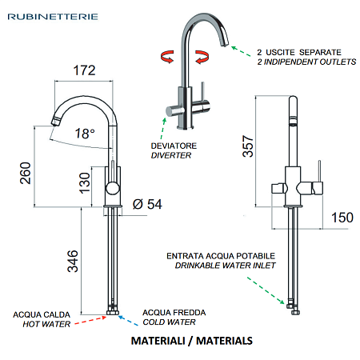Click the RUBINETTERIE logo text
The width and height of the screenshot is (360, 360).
click(53, 17)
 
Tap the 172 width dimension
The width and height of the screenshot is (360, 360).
click(84, 70)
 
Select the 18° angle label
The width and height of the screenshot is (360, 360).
click(85, 134)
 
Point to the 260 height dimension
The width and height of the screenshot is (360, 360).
click(26, 173)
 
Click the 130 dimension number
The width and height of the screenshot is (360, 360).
click(85, 183)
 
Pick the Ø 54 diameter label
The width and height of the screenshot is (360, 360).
click(147, 204)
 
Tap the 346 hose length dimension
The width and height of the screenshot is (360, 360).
click(73, 261)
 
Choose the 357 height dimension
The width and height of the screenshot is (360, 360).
click(248, 146)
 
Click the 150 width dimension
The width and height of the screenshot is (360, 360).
click(342, 218)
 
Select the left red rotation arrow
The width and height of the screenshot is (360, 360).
click(167, 56)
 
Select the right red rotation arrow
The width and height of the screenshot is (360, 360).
click(202, 57)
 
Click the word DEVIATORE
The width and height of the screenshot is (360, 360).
click(174, 146)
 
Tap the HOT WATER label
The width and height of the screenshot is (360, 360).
click(46, 324)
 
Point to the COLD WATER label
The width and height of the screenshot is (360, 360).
click(169, 322)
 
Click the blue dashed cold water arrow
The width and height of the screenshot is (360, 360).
click(128, 321)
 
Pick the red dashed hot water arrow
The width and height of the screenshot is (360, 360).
click(90, 320)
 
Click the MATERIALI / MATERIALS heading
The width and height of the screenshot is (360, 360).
click(192, 341)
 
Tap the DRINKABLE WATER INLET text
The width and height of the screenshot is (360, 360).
click(226, 266)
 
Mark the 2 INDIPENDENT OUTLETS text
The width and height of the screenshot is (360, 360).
click(306, 62)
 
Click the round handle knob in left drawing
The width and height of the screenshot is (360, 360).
click(113, 188)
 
